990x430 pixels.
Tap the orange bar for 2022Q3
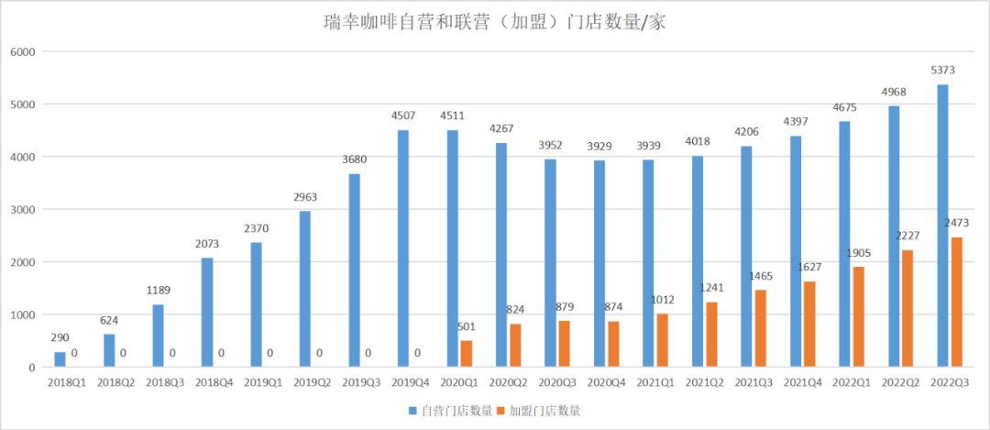[956, 303]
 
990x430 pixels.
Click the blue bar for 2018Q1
[60, 359]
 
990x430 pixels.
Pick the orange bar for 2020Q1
[466, 354]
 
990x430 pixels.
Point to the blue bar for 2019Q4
[403, 248]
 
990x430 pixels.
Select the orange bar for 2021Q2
[710, 335]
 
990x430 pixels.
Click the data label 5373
[943, 71]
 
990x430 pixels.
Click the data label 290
[60, 336]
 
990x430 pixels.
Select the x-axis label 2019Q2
[312, 381]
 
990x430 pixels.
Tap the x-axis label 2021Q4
[802, 381]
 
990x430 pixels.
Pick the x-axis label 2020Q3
[557, 381]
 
